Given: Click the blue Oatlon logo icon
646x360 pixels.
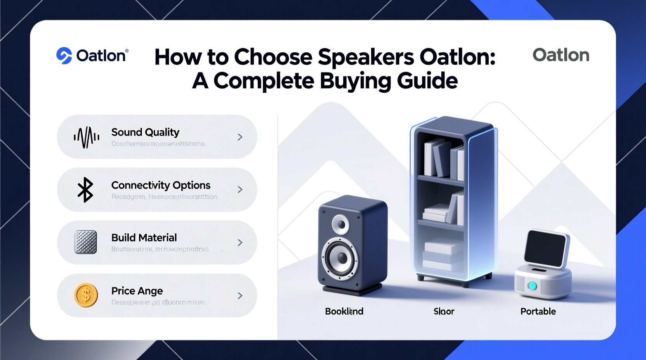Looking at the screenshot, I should point(64,55).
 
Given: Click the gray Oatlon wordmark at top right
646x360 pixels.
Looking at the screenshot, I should point(561,55).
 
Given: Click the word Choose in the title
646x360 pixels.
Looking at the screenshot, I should point(273,57).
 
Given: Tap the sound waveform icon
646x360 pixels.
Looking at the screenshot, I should point(86,137).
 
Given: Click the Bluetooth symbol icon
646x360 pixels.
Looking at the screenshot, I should point(85,190).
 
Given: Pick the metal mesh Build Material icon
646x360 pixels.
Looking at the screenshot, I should point(86,242).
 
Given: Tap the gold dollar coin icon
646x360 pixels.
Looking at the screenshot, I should point(86,295).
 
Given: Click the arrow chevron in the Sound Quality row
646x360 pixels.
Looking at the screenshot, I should point(240,137).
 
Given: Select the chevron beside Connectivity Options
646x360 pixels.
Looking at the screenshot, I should point(240,190).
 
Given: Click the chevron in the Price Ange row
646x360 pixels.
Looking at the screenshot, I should point(240,296).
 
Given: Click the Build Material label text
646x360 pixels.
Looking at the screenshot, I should point(144,237).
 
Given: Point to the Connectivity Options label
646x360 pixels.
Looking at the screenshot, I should point(161,185).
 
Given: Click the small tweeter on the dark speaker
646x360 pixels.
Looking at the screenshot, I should point(340,224).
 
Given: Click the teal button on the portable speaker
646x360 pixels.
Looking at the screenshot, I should point(532,286).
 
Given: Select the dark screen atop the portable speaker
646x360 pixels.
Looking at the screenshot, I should point(545,248).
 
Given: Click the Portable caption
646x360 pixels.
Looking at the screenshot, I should point(538,311).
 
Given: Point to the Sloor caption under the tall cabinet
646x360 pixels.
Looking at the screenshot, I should point(444,311).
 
